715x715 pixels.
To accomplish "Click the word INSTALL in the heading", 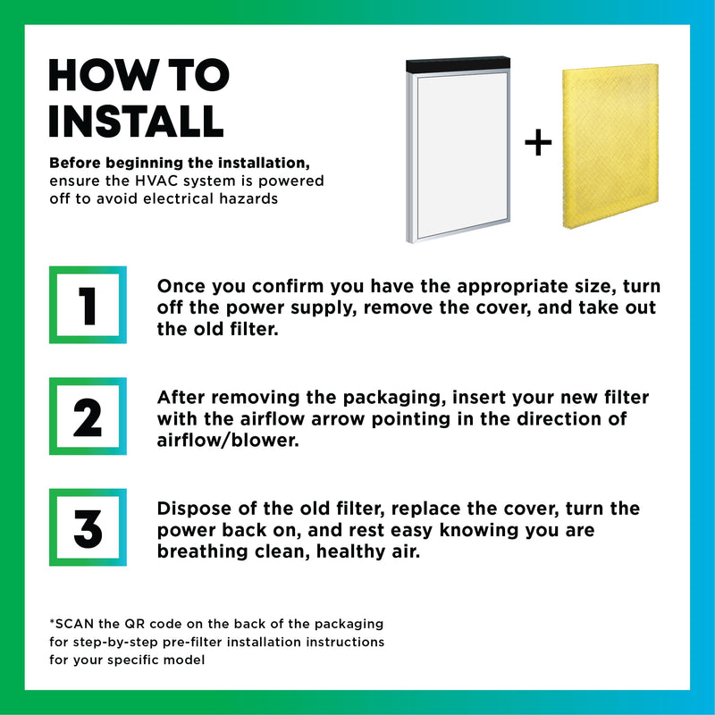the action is tap(137, 121).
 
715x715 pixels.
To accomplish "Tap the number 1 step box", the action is tap(88, 305).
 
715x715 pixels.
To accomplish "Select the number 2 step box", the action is tap(88, 416).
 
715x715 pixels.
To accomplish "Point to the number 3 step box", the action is tap(88, 527).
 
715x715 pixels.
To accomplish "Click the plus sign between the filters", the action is tap(538, 143).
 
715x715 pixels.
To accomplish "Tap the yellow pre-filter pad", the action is tap(610, 146).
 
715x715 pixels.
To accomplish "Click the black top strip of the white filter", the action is tap(458, 63).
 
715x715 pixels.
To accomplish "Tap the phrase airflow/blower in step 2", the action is tap(228, 441).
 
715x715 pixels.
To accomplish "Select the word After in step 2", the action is tap(181, 398).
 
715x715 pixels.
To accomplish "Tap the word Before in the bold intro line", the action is tap(74, 163).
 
